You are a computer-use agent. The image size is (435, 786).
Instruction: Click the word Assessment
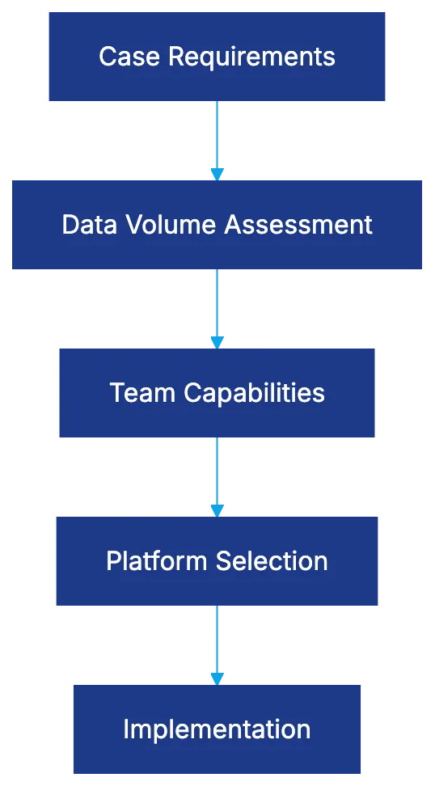[298, 225]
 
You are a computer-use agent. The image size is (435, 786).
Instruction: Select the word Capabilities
[255, 394]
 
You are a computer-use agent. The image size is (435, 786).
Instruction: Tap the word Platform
[151, 561]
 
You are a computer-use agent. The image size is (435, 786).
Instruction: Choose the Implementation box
[217, 729]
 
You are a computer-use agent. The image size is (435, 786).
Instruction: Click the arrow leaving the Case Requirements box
[217, 134]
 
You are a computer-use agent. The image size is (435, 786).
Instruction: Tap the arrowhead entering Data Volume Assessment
[217, 173]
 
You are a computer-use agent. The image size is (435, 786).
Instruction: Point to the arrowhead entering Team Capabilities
[217, 342]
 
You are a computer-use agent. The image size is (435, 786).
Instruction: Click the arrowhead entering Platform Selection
[217, 509]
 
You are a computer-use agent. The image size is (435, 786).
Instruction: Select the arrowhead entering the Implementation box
[217, 678]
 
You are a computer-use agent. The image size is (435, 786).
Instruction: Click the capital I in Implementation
[126, 729]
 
